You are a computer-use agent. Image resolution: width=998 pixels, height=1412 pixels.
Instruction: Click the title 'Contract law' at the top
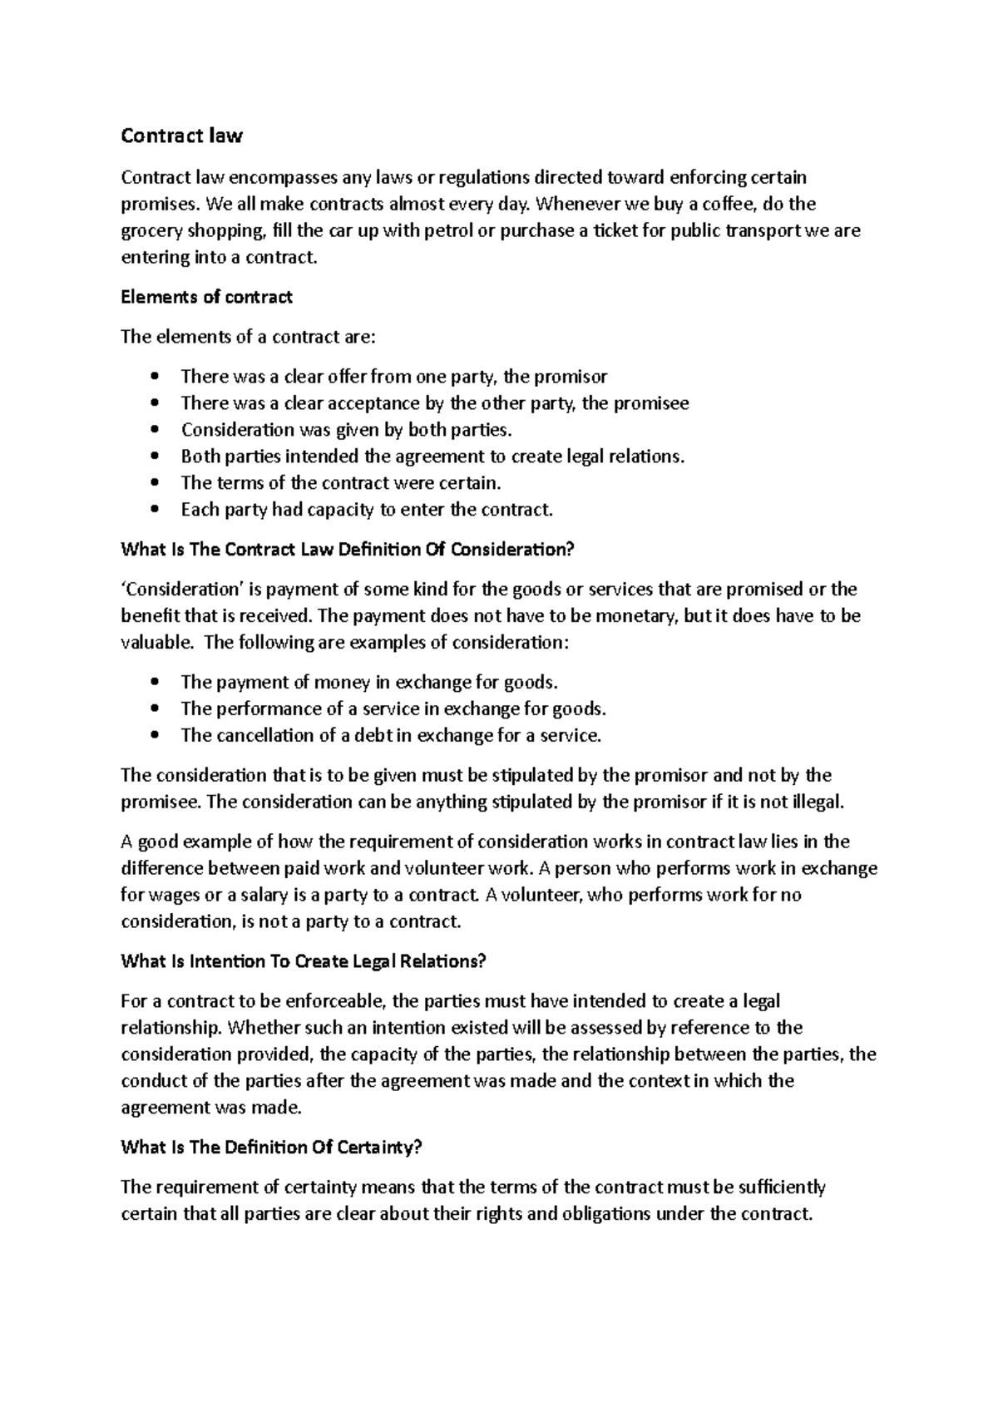pos(181,136)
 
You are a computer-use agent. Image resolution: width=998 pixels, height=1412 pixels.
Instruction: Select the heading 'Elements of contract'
pos(206,297)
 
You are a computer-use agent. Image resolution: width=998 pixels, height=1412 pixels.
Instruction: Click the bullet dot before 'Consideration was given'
pos(155,430)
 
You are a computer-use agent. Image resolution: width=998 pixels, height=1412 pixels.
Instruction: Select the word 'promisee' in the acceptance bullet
pos(651,403)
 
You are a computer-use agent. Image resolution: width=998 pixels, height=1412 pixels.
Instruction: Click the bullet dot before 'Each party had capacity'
pos(155,510)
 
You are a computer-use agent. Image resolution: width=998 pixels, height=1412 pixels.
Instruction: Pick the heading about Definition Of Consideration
pos(348,550)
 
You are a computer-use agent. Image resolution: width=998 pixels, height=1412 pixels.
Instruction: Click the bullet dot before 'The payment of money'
pos(155,683)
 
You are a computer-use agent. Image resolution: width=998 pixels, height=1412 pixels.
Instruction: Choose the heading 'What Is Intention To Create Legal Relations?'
pos(303,962)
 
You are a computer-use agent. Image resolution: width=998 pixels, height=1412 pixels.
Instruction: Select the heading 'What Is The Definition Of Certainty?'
pos(272,1148)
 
